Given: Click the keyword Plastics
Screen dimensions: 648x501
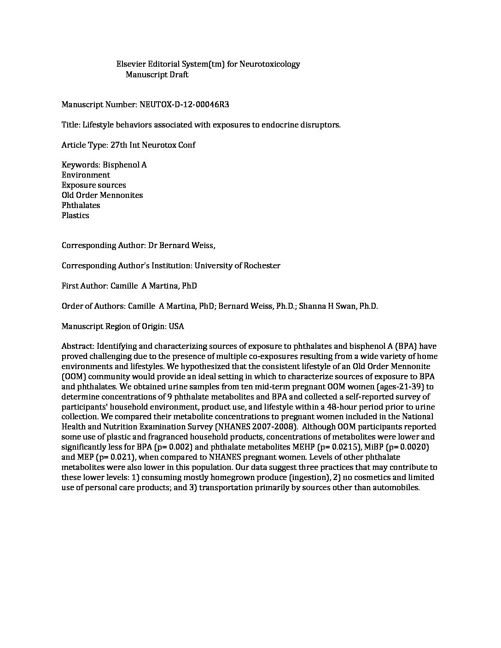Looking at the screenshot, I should [76, 215].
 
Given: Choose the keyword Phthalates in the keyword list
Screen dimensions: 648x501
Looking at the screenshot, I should [81, 205].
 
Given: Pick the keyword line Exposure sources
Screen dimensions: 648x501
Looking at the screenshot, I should [93, 185].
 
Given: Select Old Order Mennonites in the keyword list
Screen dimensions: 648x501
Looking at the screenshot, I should [102, 195].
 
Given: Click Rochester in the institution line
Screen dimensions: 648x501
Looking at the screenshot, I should [260, 266].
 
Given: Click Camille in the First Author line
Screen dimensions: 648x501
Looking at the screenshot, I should [123, 286].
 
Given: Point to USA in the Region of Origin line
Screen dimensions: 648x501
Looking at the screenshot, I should [176, 326].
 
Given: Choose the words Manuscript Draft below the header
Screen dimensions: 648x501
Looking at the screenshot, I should [157, 75].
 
